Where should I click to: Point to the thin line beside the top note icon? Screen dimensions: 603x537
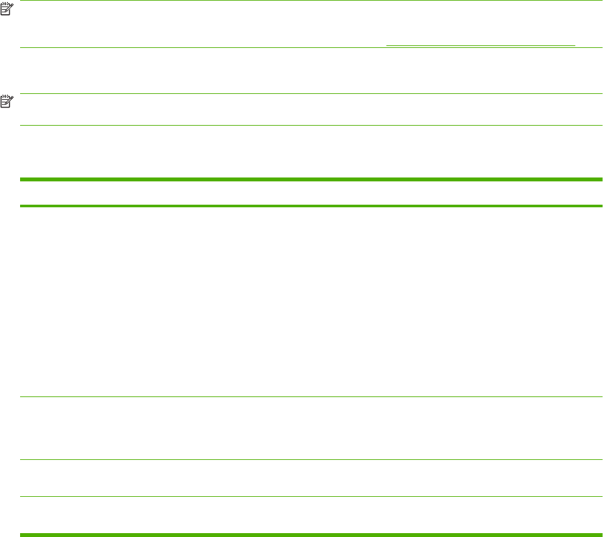311,1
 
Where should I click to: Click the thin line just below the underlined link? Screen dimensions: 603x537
311,47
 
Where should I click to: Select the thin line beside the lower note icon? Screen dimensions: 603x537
311,95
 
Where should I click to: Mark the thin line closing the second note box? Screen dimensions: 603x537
311,125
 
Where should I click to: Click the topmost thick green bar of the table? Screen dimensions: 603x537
311,179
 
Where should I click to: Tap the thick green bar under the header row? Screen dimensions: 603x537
311,206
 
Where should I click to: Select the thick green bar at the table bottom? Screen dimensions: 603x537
311,534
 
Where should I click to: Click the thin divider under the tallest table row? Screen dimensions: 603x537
311,396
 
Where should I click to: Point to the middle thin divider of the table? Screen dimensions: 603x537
311,460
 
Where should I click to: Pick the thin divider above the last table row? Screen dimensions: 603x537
311,496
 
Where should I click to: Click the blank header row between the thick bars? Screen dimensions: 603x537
311,193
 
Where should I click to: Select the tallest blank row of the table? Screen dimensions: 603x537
311,301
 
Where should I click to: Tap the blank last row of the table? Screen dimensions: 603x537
311,515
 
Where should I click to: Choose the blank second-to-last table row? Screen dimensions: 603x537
311,478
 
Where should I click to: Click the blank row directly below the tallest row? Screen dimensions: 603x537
311,428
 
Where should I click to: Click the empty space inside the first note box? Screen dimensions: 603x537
194,25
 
